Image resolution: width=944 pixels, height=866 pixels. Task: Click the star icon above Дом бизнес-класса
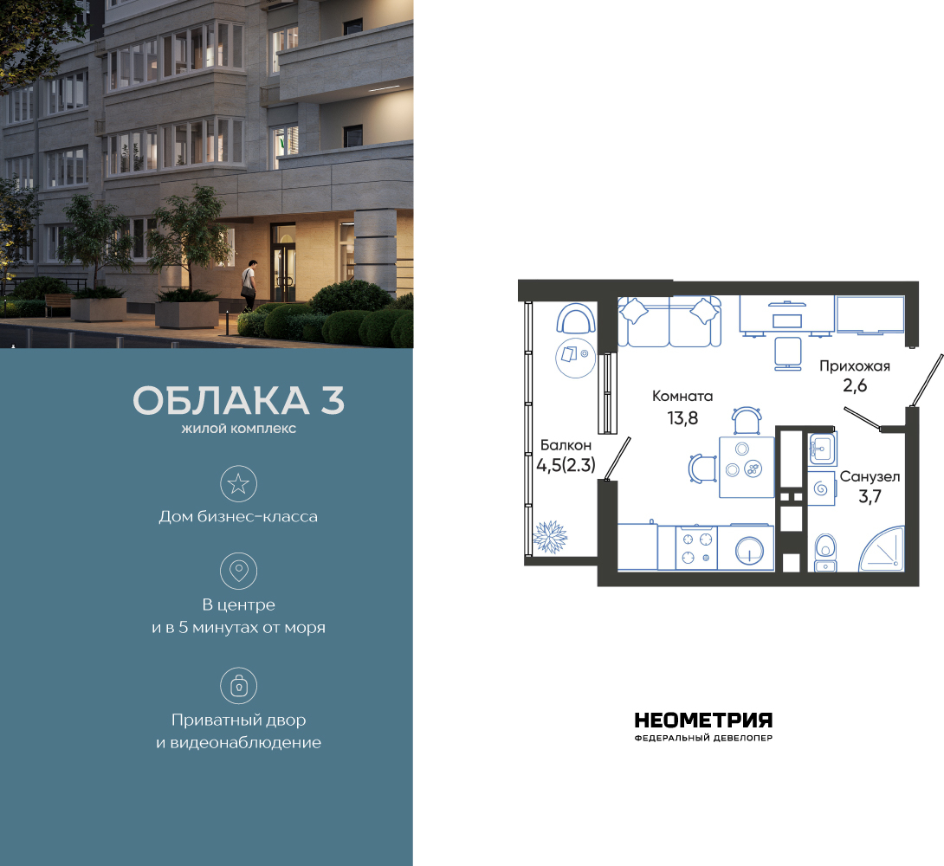pyautogui.click(x=238, y=484)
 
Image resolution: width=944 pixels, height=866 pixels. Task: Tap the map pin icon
pyautogui.click(x=238, y=571)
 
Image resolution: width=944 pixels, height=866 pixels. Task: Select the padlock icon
pyautogui.click(x=238, y=686)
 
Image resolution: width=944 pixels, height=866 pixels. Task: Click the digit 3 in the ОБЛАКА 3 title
pyautogui.click(x=333, y=400)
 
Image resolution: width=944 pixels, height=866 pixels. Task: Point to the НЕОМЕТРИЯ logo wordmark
pyautogui.click(x=703, y=721)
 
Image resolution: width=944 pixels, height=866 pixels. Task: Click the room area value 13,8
pyautogui.click(x=682, y=417)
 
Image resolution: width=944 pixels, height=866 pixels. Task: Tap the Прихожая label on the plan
pyautogui.click(x=854, y=366)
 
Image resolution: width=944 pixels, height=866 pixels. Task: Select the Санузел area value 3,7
pyautogui.click(x=870, y=496)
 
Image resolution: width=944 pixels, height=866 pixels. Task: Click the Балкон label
pyautogui.click(x=566, y=445)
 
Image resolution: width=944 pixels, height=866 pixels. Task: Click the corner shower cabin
pyautogui.click(x=882, y=549)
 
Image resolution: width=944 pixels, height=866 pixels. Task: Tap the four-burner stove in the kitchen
pyautogui.click(x=696, y=547)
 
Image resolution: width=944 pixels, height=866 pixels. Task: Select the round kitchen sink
pyautogui.click(x=749, y=550)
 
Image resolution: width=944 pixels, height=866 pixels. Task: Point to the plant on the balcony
pyautogui.click(x=550, y=537)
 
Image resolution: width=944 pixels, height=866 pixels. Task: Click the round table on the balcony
pyautogui.click(x=576, y=358)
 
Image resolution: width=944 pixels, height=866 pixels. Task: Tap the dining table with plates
pyautogui.click(x=747, y=467)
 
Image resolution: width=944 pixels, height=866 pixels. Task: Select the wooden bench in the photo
pyautogui.click(x=58, y=304)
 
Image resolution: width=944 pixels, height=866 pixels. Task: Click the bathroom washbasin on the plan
pyautogui.click(x=822, y=449)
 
